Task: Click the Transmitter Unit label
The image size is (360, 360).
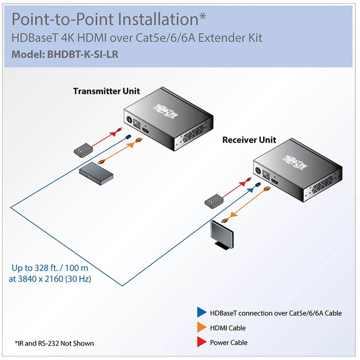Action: coord(106,91)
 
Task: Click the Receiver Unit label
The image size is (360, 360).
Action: coord(249,140)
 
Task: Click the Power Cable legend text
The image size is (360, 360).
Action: coord(228,342)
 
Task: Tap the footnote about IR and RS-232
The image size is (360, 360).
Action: coord(54,343)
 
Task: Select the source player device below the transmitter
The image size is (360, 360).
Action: coord(96,172)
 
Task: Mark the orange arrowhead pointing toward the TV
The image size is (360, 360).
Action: coord(232,215)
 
